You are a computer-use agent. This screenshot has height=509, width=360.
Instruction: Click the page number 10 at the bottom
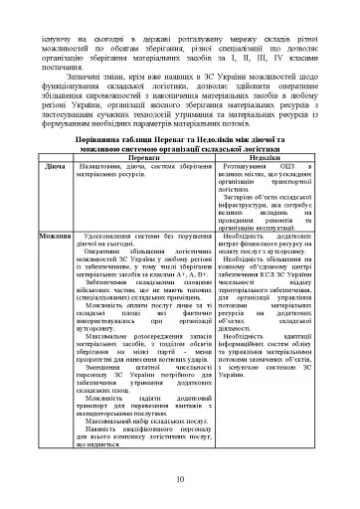pyautogui.click(x=180, y=480)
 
